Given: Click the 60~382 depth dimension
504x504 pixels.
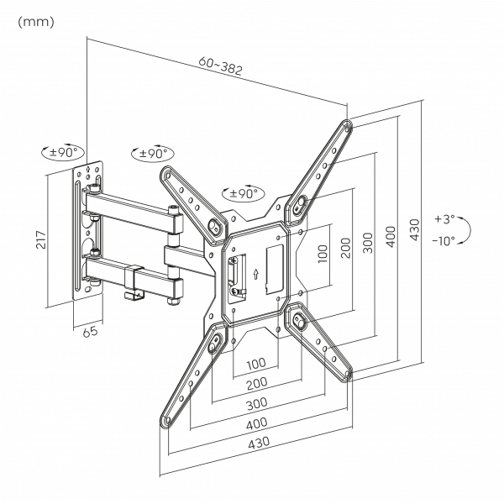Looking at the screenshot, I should pos(220,66).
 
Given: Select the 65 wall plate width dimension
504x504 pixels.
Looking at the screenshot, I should pos(90,331).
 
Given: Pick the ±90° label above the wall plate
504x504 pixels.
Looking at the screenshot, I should pos(63,152).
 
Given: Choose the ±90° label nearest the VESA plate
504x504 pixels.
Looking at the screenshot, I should pos(243,193).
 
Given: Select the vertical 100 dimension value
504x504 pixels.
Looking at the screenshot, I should pos(322,255).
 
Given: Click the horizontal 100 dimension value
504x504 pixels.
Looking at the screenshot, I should pos(257,364).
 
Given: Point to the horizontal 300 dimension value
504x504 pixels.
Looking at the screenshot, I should pos(257,403).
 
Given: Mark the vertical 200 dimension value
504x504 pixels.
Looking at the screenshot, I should pos(344,248).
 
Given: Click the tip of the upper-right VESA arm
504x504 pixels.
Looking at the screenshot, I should pos(347,127).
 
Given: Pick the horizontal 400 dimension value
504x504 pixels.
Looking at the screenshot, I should pos(257,424).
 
